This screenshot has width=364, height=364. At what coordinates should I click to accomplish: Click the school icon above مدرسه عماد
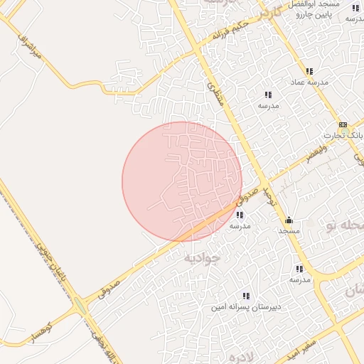pos(309,71)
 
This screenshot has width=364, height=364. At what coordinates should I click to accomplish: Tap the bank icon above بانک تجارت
pos(343,124)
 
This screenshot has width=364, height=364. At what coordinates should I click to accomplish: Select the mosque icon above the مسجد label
pos(289,220)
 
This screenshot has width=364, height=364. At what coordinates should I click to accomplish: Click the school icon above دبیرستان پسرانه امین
pos(246,296)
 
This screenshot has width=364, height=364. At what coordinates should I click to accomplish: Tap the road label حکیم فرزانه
pos(232,31)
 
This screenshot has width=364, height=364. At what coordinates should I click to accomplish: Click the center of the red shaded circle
pos(182,181)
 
